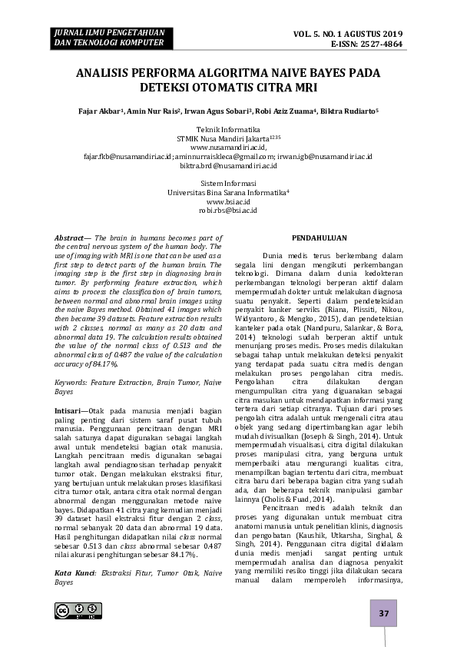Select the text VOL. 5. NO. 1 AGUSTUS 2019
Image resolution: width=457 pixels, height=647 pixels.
(348, 35)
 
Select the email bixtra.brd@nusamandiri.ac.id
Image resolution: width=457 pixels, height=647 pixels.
(228, 165)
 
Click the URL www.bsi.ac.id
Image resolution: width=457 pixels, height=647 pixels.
(228, 201)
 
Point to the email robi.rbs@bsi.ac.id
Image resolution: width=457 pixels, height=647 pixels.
(228, 210)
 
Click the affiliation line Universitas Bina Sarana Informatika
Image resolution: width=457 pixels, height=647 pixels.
(227, 192)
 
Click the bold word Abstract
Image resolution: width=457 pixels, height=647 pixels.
(70, 239)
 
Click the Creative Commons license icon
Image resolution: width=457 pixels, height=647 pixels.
(74, 611)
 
